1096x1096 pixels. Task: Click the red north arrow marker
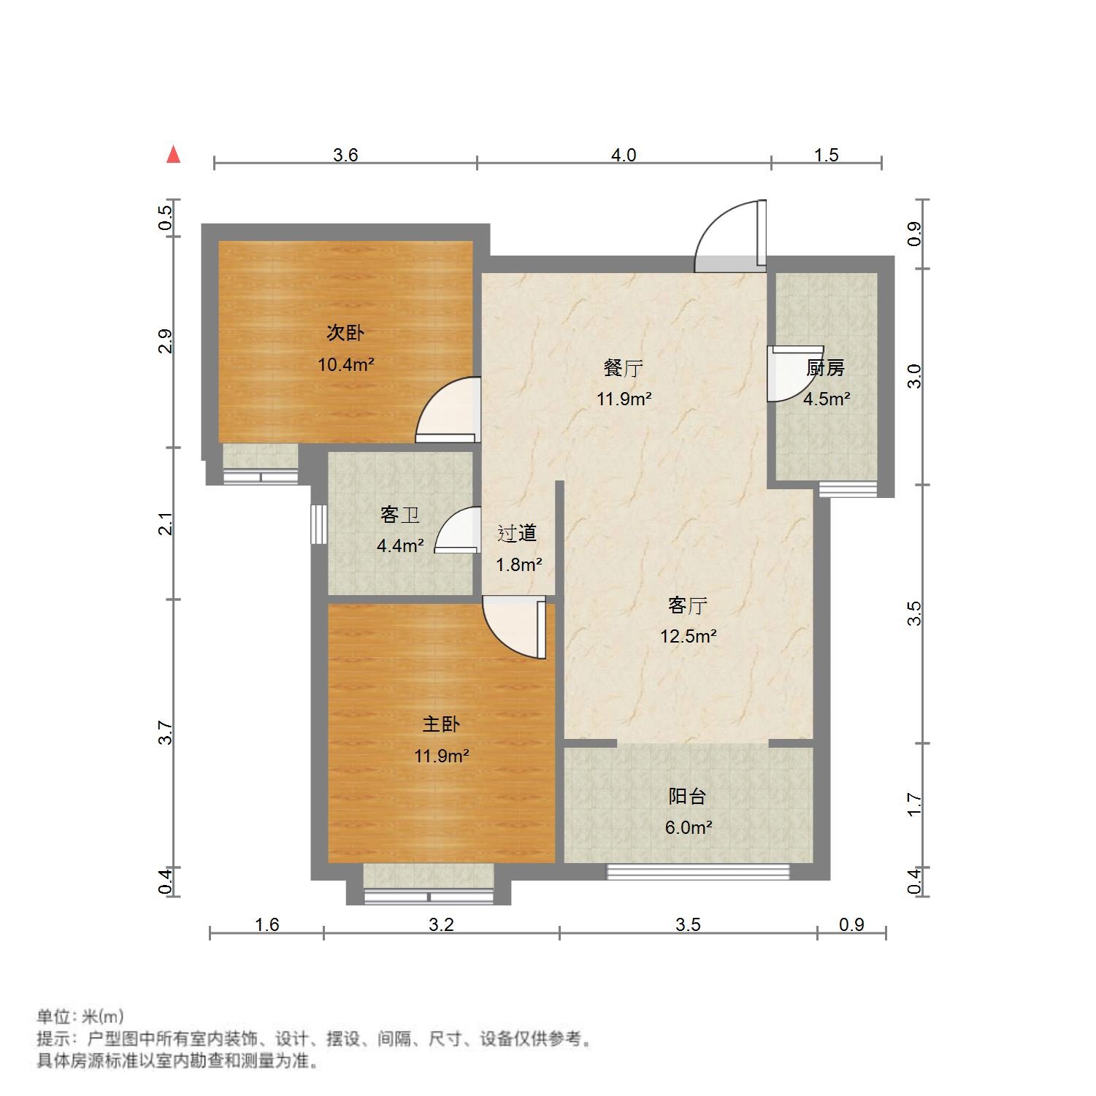point(173,155)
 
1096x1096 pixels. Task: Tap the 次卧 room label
point(345,334)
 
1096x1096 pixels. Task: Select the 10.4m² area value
point(345,364)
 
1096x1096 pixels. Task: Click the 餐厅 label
point(624,369)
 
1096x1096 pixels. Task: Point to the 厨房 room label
point(826,369)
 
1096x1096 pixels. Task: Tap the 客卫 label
point(400,515)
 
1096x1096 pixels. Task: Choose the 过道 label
point(517,534)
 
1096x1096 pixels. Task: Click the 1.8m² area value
point(519,564)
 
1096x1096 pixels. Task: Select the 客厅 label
point(688,605)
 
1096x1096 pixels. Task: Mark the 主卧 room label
point(441,724)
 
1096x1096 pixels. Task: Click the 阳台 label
point(688,797)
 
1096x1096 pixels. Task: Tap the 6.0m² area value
point(689,827)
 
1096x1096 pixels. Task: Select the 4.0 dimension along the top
point(624,155)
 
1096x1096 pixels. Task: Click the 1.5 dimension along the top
point(827,155)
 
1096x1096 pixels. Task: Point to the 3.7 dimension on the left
point(166,732)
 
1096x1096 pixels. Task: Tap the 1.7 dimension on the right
point(915,805)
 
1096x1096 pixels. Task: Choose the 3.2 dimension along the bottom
point(441,925)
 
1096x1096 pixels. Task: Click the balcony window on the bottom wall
point(698,871)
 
